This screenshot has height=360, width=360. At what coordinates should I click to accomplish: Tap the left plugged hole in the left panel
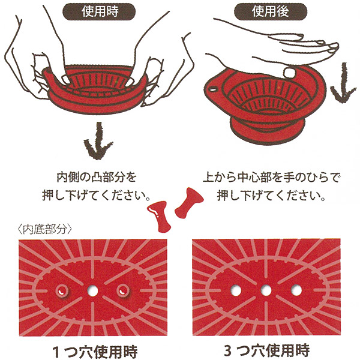coord(62,290)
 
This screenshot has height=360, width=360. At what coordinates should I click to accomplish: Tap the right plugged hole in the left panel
coord(122,290)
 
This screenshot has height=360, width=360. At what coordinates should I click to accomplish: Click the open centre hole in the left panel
coord(92,290)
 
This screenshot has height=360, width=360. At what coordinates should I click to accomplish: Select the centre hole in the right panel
coord(265,290)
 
